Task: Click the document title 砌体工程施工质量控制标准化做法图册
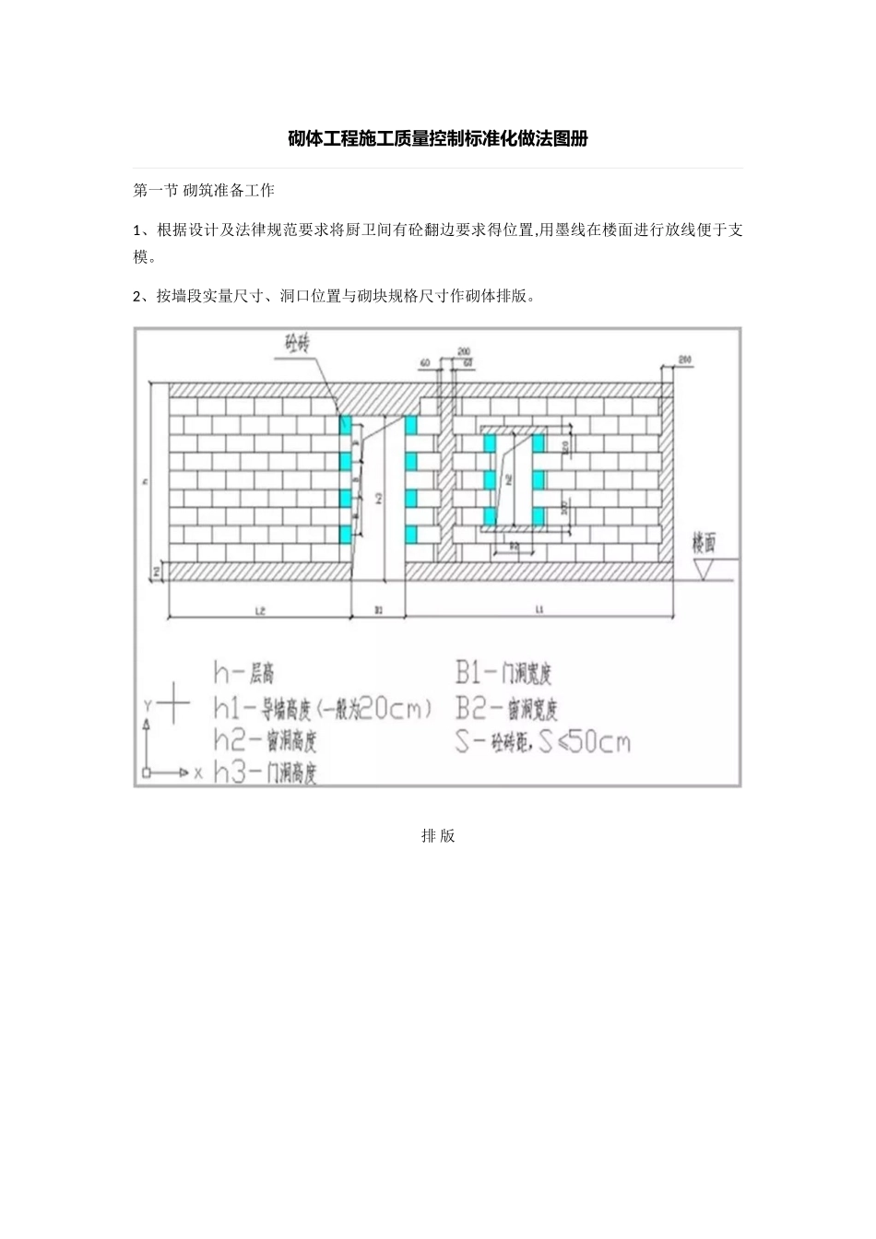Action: tap(437, 139)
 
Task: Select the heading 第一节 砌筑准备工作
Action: tap(204, 191)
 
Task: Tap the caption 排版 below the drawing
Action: tap(438, 836)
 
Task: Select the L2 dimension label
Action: tap(260, 610)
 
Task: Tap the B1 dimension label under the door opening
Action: tap(378, 610)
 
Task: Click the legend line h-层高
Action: tap(243, 673)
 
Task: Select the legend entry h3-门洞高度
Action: tap(266, 773)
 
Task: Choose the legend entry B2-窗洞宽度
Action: tap(506, 708)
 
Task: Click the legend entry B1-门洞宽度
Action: tap(503, 673)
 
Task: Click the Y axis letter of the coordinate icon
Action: tap(147, 705)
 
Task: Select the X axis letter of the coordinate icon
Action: tap(197, 773)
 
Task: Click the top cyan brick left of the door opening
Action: tap(346, 425)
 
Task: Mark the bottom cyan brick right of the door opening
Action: tap(410, 535)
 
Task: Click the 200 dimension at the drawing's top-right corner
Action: tap(684, 359)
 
